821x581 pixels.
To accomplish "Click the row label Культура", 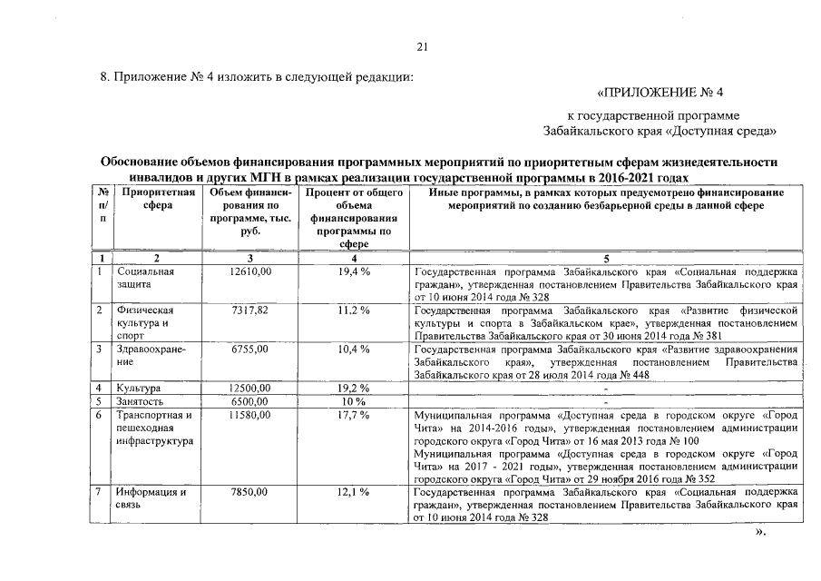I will (139, 388).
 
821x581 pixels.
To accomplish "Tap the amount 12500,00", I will (250, 388).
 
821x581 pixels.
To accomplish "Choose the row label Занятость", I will (141, 400).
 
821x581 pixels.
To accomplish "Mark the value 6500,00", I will (250, 400).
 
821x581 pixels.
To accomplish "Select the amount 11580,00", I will (250, 415).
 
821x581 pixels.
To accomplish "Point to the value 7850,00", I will (250, 491).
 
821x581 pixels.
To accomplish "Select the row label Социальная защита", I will (145, 278).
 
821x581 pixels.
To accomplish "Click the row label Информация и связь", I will (151, 497).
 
